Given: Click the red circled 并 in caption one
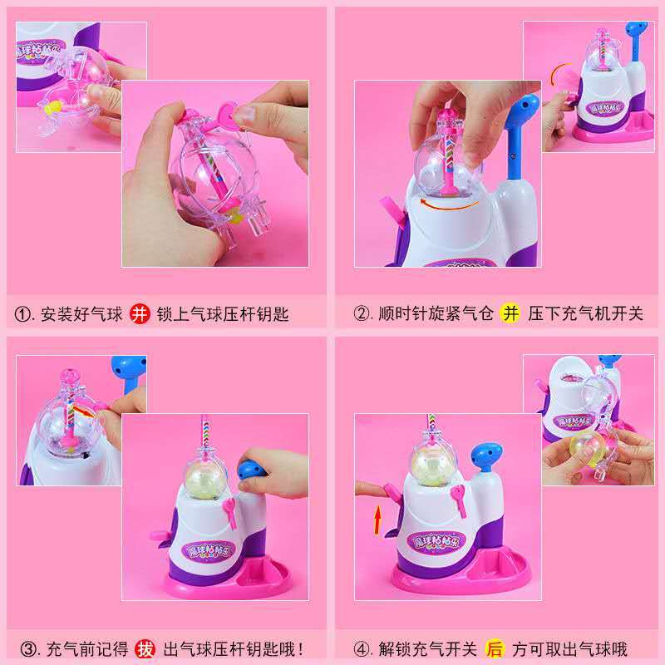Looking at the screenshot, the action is [x=140, y=314].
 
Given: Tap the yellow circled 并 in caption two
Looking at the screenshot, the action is [x=510, y=314].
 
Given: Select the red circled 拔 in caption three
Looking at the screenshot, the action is [x=145, y=649].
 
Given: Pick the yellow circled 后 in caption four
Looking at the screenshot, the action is [x=495, y=649].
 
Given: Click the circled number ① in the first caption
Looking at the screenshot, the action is [x=22, y=315].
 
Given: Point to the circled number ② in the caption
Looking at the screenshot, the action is [x=362, y=314].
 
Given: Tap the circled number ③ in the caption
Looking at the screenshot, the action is [x=28, y=649].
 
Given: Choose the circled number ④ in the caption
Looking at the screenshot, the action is [x=362, y=649].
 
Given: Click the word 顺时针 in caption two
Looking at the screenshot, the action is [x=402, y=314].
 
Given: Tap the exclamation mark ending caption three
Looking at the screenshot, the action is [x=301, y=649].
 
